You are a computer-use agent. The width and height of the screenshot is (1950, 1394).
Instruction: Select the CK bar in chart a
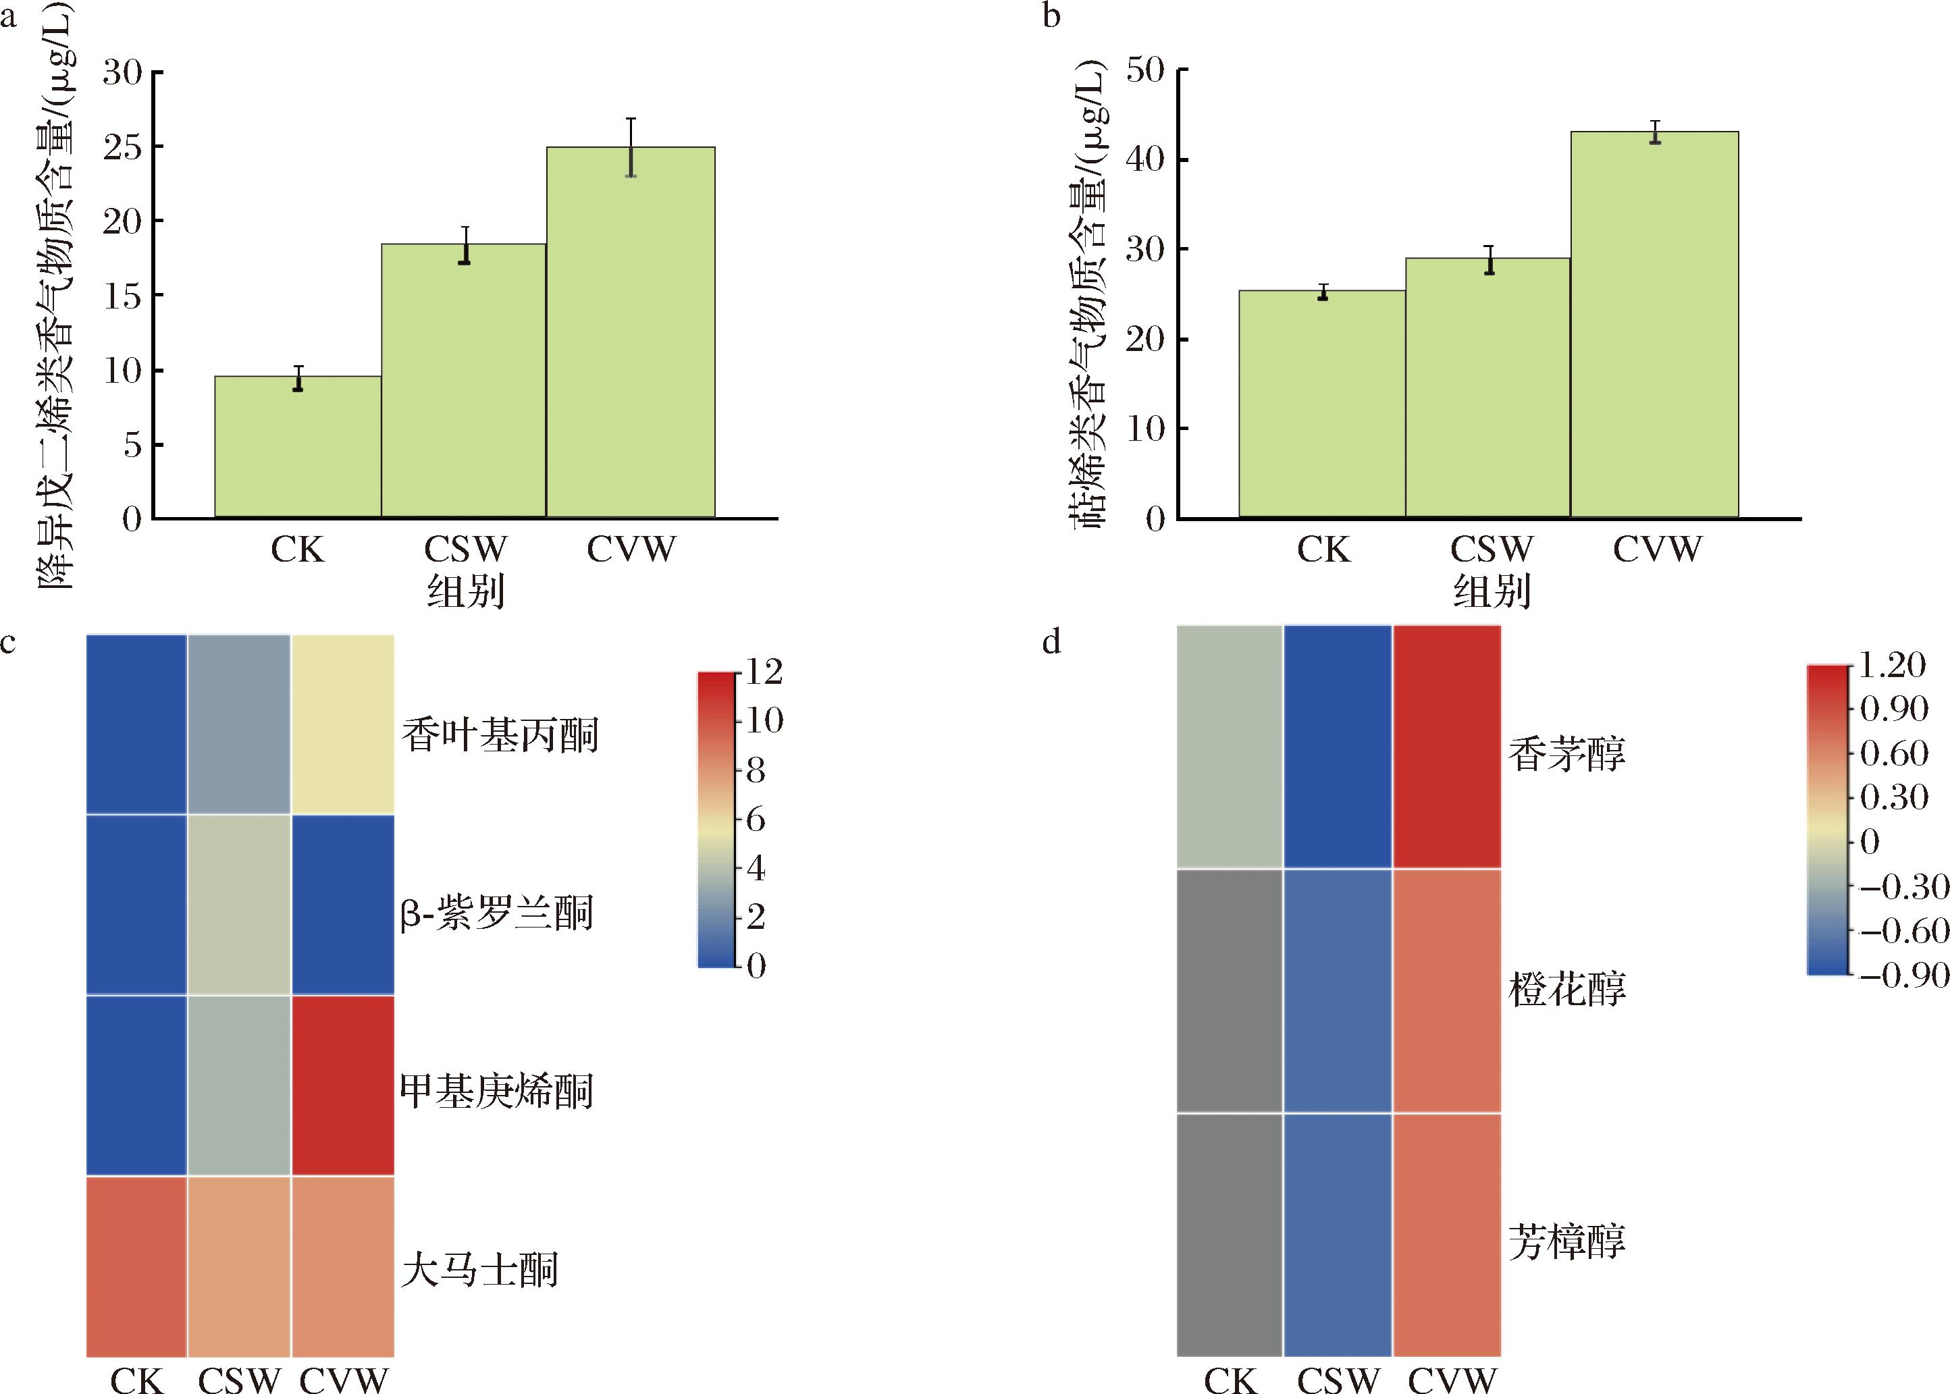298,447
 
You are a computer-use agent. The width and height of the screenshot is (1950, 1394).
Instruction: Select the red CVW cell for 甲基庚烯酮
342,1085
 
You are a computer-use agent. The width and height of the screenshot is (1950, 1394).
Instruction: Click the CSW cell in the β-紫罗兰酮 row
239,905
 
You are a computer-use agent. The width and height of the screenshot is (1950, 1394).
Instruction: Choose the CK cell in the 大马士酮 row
136,1266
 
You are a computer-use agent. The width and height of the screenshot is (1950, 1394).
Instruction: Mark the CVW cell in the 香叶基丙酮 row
342,724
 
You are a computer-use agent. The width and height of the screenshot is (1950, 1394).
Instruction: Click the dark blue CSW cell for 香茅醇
1337,746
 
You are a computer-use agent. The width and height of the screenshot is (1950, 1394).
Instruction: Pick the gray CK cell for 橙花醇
1229,990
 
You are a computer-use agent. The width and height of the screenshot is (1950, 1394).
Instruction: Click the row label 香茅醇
1567,755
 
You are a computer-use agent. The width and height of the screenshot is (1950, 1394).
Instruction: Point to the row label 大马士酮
480,1270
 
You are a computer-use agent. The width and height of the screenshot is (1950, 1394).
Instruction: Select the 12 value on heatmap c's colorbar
764,672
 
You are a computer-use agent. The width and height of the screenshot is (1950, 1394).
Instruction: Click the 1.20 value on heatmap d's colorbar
1892,665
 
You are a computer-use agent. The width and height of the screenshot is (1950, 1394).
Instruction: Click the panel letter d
1051,642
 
